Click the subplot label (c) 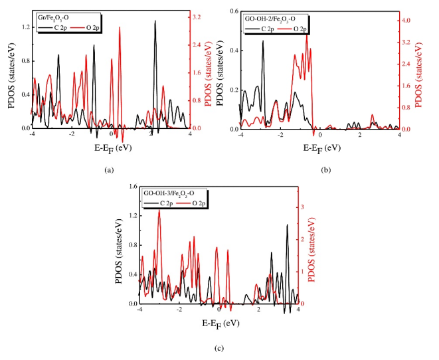click(219, 347)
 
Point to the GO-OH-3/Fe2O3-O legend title click(170, 193)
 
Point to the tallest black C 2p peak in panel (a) click(155, 22)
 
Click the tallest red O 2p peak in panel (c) click(159, 211)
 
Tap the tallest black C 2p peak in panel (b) click(262, 42)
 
